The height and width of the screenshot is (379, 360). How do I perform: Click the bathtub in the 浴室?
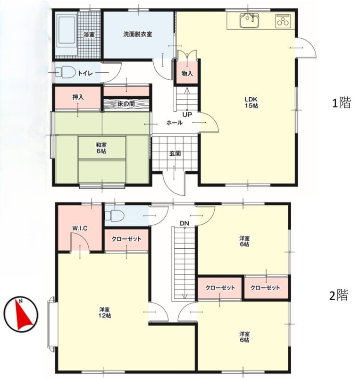pos(67,32)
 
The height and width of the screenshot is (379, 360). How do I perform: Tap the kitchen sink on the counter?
pos(250,21)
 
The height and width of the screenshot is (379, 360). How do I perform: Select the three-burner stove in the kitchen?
pos(283,20)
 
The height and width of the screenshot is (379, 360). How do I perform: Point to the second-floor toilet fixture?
pos(115,215)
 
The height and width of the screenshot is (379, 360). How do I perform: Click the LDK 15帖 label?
pos(252,102)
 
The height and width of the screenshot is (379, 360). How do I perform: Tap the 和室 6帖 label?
pos(101,148)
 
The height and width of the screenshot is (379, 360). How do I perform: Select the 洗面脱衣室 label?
pos(137,34)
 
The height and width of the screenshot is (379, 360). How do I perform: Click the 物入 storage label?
pos(187,74)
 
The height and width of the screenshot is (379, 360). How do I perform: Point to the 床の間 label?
pos(126,104)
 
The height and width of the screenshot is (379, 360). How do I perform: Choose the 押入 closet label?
pos(78,97)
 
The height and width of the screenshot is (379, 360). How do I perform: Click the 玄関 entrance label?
pos(175,153)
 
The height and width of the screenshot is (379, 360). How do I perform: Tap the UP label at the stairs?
pos(187,115)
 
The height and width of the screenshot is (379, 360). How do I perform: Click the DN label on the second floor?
pos(184,223)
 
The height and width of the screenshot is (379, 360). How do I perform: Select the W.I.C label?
pos(80,228)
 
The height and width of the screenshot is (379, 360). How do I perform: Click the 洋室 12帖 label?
pos(105,312)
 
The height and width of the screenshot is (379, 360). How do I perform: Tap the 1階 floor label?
pos(341,103)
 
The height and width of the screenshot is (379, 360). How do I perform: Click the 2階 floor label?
pos(339,295)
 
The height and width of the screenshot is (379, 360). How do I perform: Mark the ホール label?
pos(175,123)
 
